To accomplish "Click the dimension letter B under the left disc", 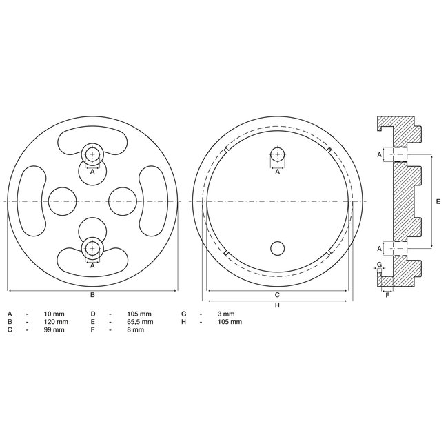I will (x=92, y=295).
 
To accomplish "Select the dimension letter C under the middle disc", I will (x=277, y=295).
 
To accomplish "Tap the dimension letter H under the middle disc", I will (x=277, y=305).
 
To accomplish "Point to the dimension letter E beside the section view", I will (x=438, y=201).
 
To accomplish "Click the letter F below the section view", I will (x=387, y=295).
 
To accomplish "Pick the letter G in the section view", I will (x=380, y=264).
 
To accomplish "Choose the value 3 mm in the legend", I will (x=225, y=314).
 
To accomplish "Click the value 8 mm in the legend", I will (x=136, y=330).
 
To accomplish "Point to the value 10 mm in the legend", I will (x=57, y=314).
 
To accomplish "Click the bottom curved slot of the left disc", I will (x=92, y=261).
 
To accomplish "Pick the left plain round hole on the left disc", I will (x=63, y=201).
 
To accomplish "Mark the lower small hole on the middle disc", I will (x=277, y=247).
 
